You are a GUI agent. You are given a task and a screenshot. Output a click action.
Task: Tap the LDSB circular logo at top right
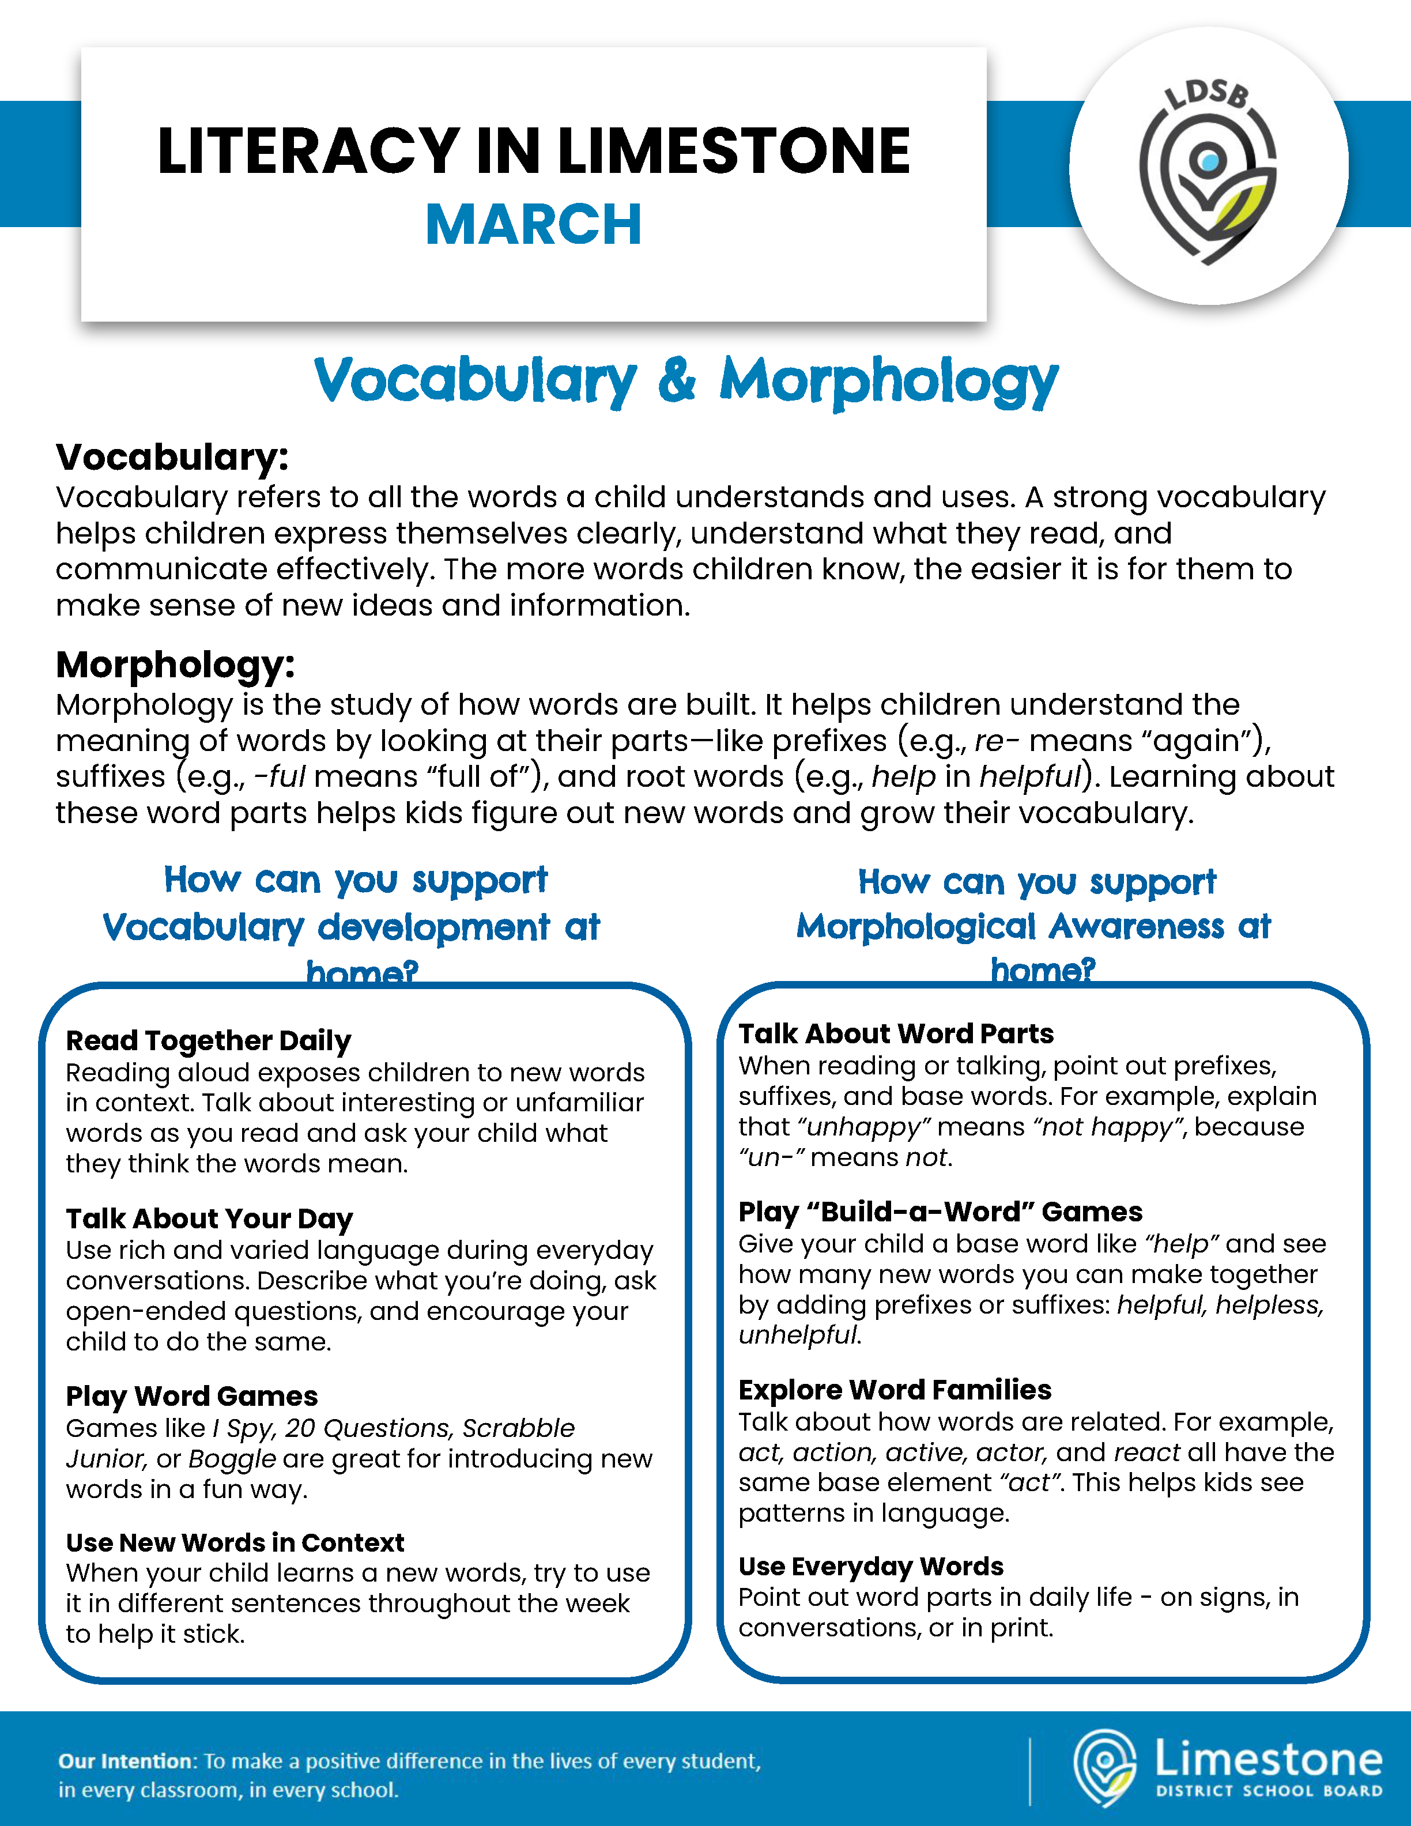pyautogui.click(x=1208, y=167)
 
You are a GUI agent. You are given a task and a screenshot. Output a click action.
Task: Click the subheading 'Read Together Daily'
pyautogui.click(x=208, y=1041)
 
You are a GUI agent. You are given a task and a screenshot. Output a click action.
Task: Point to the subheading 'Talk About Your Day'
pyautogui.click(x=210, y=1219)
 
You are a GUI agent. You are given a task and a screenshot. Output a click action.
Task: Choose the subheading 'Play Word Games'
pyautogui.click(x=191, y=1396)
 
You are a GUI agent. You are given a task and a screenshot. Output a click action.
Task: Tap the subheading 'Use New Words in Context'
pyautogui.click(x=235, y=1542)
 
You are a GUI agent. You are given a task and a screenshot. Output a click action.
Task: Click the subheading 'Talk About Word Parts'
pyautogui.click(x=895, y=1034)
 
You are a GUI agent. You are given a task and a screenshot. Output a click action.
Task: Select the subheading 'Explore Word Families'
pyautogui.click(x=895, y=1390)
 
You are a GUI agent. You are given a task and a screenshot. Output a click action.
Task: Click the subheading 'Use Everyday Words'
pyautogui.click(x=870, y=1566)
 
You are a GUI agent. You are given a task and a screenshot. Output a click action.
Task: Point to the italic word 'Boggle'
pyautogui.click(x=232, y=1459)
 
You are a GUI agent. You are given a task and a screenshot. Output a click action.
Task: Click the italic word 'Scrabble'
pyautogui.click(x=518, y=1428)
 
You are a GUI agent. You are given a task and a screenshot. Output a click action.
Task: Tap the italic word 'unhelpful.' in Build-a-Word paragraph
pyautogui.click(x=799, y=1335)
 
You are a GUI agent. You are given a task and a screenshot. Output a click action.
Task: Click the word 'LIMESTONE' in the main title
pyautogui.click(x=733, y=152)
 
